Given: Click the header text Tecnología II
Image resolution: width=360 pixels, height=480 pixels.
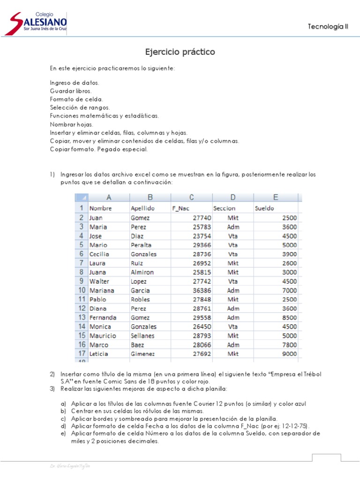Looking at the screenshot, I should tap(328, 27).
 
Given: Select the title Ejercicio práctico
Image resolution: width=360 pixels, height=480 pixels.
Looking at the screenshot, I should tap(180, 52).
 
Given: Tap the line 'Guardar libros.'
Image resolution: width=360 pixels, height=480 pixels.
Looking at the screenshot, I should tap(71, 91).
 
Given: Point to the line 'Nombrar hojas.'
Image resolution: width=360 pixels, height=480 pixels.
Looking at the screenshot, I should tap(71, 124).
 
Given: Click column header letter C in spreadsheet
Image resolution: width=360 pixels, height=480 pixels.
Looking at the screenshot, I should tap(192, 197).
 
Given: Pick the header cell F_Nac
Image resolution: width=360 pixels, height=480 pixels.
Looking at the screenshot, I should tap(180, 208).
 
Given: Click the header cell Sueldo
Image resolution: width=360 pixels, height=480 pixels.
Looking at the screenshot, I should tap(264, 208).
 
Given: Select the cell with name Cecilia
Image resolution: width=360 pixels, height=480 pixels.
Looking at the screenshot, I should tap(100, 254).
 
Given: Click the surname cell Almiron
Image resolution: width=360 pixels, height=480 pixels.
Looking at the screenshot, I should tap(142, 272).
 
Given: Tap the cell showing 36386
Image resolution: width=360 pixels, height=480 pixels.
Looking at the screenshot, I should tap(202, 290).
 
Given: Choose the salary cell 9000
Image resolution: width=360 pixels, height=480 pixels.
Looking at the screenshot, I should tap(289, 354).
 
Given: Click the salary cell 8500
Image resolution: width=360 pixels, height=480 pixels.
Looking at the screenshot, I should tap(289, 317).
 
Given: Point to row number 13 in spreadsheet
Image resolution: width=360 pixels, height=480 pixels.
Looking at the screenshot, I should tap(82, 317).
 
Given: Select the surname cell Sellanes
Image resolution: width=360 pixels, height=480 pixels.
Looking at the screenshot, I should tap(143, 336).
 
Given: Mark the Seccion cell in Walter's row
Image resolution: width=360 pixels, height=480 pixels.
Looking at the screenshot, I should tap(233, 281).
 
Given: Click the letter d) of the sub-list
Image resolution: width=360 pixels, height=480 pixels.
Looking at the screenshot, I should tap(63, 426).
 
